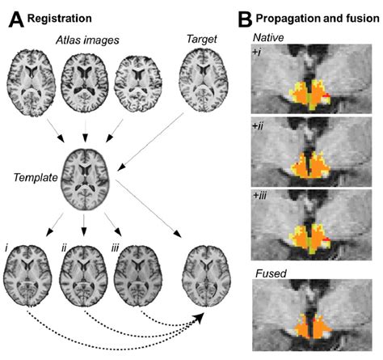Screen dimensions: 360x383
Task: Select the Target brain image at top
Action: [x=202, y=82]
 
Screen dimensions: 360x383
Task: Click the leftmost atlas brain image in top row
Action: [x=30, y=82]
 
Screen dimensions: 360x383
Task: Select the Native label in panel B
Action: [x=268, y=37]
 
